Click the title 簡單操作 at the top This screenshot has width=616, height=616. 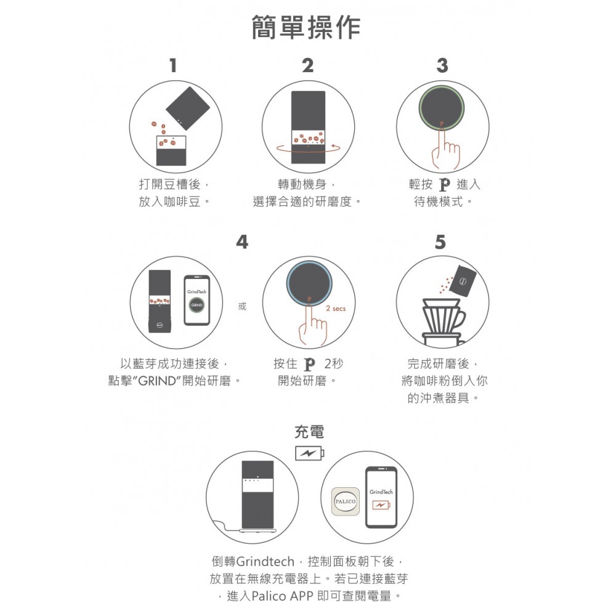306,28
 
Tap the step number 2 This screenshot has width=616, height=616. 307,65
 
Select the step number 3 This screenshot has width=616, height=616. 442,65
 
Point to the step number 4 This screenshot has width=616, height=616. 242,243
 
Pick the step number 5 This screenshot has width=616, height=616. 440,243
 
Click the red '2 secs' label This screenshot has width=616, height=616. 335,308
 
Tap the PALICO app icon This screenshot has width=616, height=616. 345,502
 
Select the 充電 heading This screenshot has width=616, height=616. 309,432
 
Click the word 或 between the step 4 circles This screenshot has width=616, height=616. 242,306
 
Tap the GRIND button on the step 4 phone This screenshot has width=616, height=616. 197,306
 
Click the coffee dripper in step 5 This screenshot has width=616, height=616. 442,317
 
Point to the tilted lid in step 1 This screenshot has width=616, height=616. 188,108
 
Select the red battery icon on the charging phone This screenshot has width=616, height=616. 381,506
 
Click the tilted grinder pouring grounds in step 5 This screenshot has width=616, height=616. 465,282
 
